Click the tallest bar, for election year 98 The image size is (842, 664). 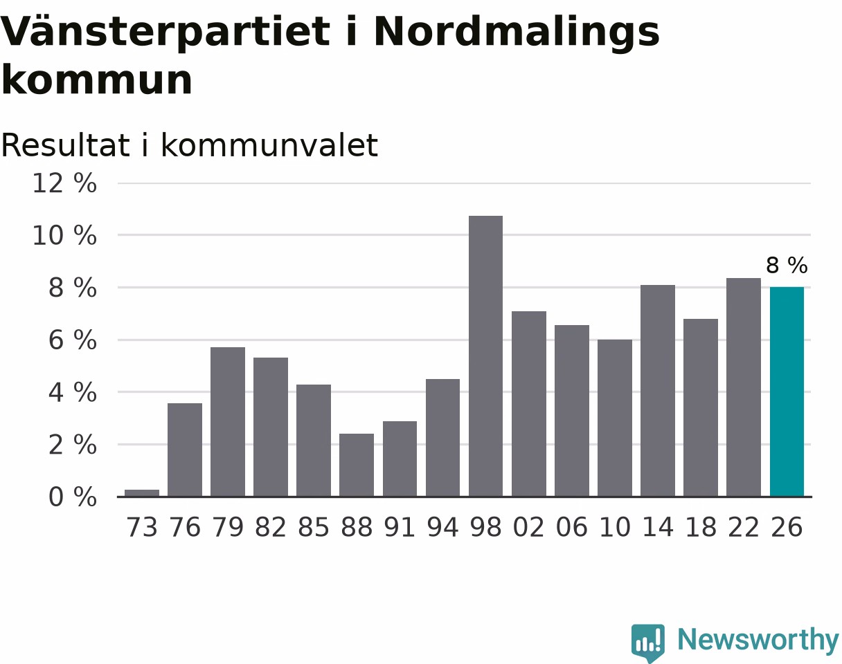click(x=485, y=356)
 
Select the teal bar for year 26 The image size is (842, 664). click(x=787, y=391)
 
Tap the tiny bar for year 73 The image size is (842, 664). click(x=142, y=493)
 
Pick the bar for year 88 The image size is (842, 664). click(x=357, y=465)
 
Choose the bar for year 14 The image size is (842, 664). click(x=658, y=391)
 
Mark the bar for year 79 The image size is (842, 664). click(x=228, y=422)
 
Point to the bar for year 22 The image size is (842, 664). click(x=744, y=387)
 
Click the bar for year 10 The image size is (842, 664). click(x=615, y=418)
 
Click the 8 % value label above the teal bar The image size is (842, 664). click(x=787, y=266)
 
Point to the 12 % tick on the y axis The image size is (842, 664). click(x=64, y=183)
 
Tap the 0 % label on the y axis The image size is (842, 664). click(x=73, y=497)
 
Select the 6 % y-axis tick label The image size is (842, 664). click(x=73, y=340)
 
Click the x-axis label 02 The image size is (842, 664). click(x=528, y=527)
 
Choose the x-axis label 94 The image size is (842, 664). click(x=442, y=527)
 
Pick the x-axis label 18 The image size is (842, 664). click(x=701, y=527)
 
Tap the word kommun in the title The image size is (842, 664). click(x=97, y=80)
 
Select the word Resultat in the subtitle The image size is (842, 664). click(x=65, y=145)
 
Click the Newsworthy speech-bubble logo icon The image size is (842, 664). click(x=648, y=642)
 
